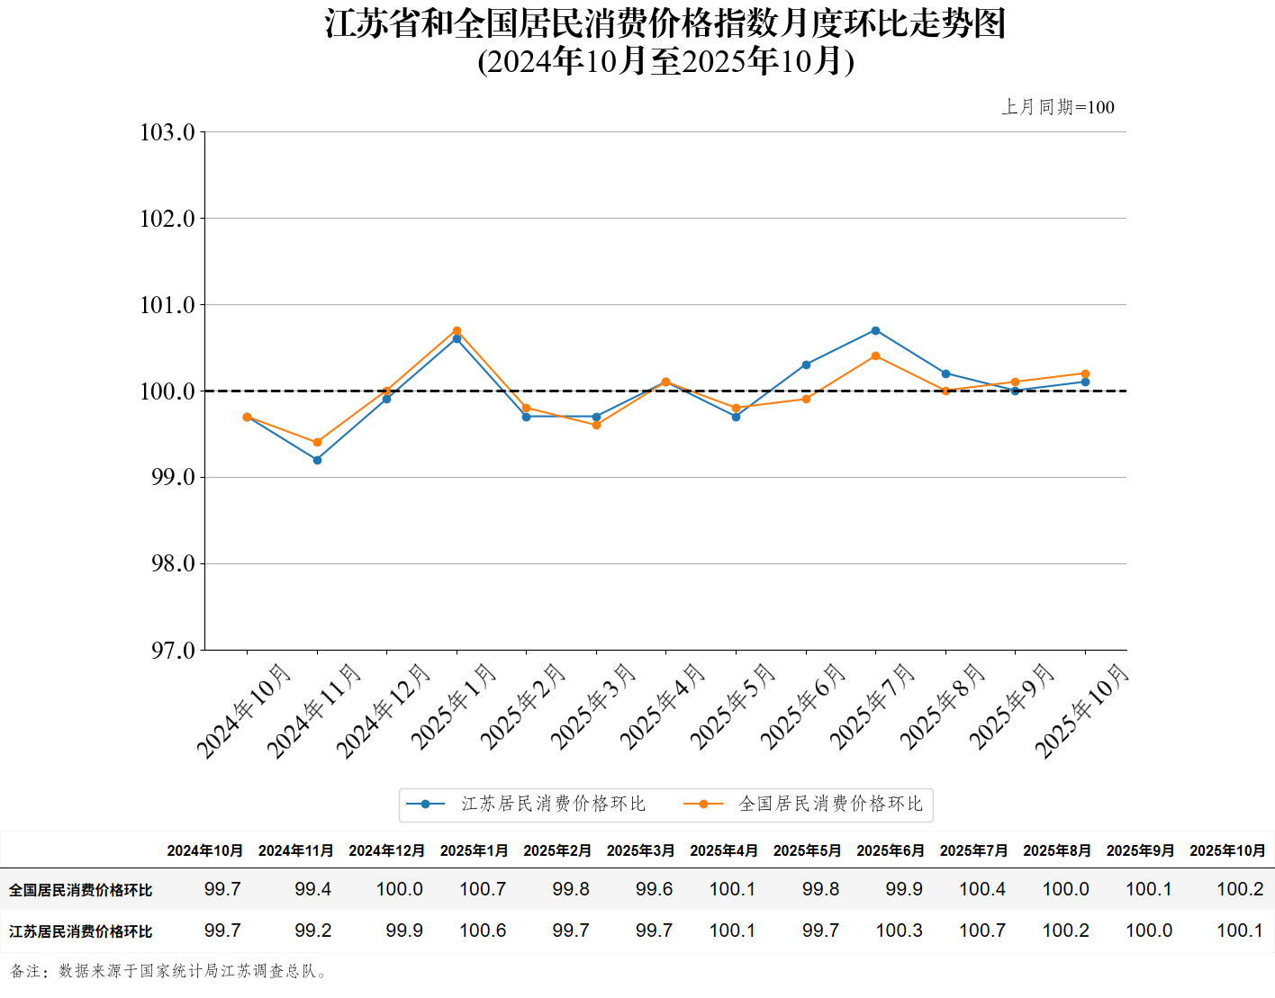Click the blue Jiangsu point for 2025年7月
click(875, 330)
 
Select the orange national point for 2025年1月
click(457, 330)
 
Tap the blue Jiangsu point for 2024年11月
click(317, 460)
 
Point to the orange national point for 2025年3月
click(596, 425)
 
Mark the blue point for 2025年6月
click(806, 364)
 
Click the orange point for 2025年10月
click(1085, 373)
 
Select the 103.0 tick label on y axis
click(167, 132)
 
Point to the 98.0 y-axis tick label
click(172, 563)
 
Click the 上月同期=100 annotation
click(1058, 107)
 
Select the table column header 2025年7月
click(973, 850)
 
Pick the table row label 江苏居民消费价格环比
click(81, 931)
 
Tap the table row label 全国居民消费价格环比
click(81, 890)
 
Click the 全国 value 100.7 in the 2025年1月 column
click(483, 889)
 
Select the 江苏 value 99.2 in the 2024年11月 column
click(313, 931)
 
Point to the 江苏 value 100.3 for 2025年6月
click(900, 931)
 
